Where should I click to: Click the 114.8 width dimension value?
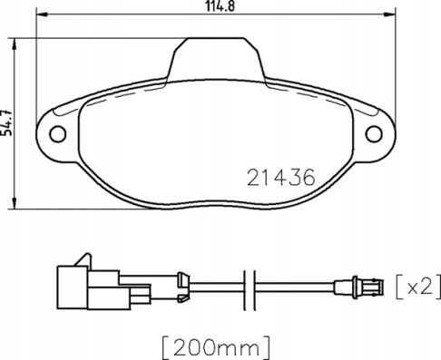point(220,6)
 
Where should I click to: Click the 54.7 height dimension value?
point(6,122)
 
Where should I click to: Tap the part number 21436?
point(281,177)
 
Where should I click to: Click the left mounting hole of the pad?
point(58,134)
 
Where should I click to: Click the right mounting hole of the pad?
point(374,134)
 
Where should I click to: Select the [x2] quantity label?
point(418,287)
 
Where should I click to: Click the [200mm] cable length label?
point(216,347)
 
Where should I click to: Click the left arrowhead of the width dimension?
point(42,15)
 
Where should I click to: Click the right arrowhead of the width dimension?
point(390,15)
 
